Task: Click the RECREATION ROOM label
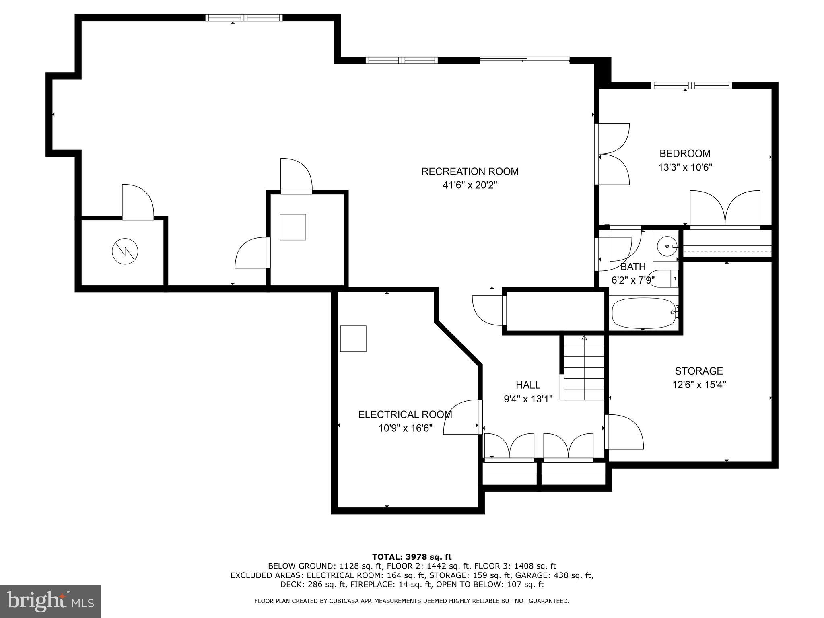pyautogui.click(x=470, y=171)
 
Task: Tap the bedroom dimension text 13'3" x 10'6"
pyautogui.click(x=685, y=167)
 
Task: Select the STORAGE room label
pyautogui.click(x=698, y=371)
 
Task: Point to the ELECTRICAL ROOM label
pyautogui.click(x=405, y=414)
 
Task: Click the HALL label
pyautogui.click(x=528, y=385)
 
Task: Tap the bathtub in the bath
pyautogui.click(x=643, y=313)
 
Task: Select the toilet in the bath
pyautogui.click(x=664, y=279)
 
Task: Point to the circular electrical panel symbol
pyautogui.click(x=125, y=251)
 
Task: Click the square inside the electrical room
pyautogui.click(x=353, y=339)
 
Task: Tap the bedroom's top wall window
pyautogui.click(x=691, y=85)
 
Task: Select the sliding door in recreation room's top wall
pyautogui.click(x=525, y=60)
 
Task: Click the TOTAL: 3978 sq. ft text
pyautogui.click(x=412, y=557)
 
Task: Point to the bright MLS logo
pyautogui.click(x=50, y=601)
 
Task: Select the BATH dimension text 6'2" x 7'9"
pyautogui.click(x=632, y=280)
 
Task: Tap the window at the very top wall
pyautogui.click(x=244, y=18)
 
